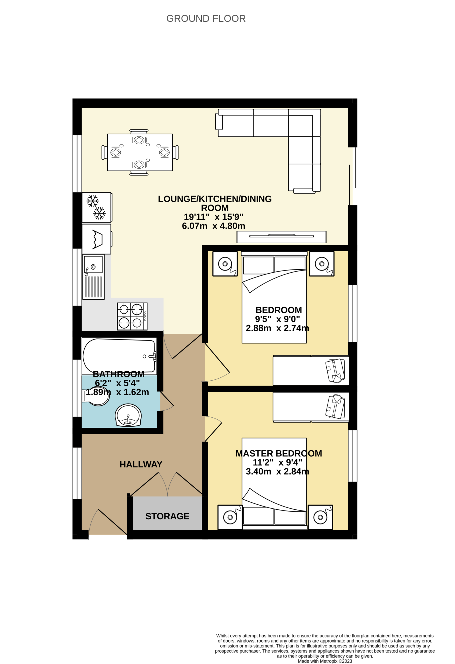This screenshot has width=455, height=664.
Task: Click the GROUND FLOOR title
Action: pyautogui.click(x=206, y=19)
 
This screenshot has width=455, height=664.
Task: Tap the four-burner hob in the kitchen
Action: pyautogui.click(x=132, y=316)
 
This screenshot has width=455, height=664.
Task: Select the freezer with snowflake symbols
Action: pyautogui.click(x=97, y=207)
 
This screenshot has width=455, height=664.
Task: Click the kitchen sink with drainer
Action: pyautogui.click(x=93, y=277)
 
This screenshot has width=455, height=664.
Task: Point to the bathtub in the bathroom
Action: pyautogui.click(x=119, y=356)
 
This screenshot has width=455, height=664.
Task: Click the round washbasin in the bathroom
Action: pyautogui.click(x=128, y=415)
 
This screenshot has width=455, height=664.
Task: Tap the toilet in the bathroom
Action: pyautogui.click(x=96, y=396)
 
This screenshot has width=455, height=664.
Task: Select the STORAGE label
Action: pyautogui.click(x=168, y=516)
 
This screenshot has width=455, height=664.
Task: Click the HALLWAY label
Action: pyautogui.click(x=141, y=464)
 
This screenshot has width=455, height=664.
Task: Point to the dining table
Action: pyautogui.click(x=140, y=152)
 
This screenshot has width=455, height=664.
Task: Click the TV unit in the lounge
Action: pyautogui.click(x=281, y=237)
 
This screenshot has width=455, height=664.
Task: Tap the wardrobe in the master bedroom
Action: pyautogui.click(x=311, y=407)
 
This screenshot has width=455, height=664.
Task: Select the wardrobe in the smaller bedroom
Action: pyautogui.click(x=311, y=370)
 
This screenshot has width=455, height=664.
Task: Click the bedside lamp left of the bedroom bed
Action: pyautogui.click(x=225, y=264)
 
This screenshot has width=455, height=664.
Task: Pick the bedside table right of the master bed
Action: pyautogui.click(x=320, y=517)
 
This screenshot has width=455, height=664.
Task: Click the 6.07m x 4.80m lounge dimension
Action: pyautogui.click(x=214, y=226)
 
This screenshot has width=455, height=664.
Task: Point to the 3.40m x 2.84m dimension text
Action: pyautogui.click(x=277, y=472)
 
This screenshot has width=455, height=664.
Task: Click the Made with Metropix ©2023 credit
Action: pyautogui.click(x=325, y=661)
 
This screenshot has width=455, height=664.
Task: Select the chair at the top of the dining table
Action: pyautogui.click(x=139, y=132)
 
